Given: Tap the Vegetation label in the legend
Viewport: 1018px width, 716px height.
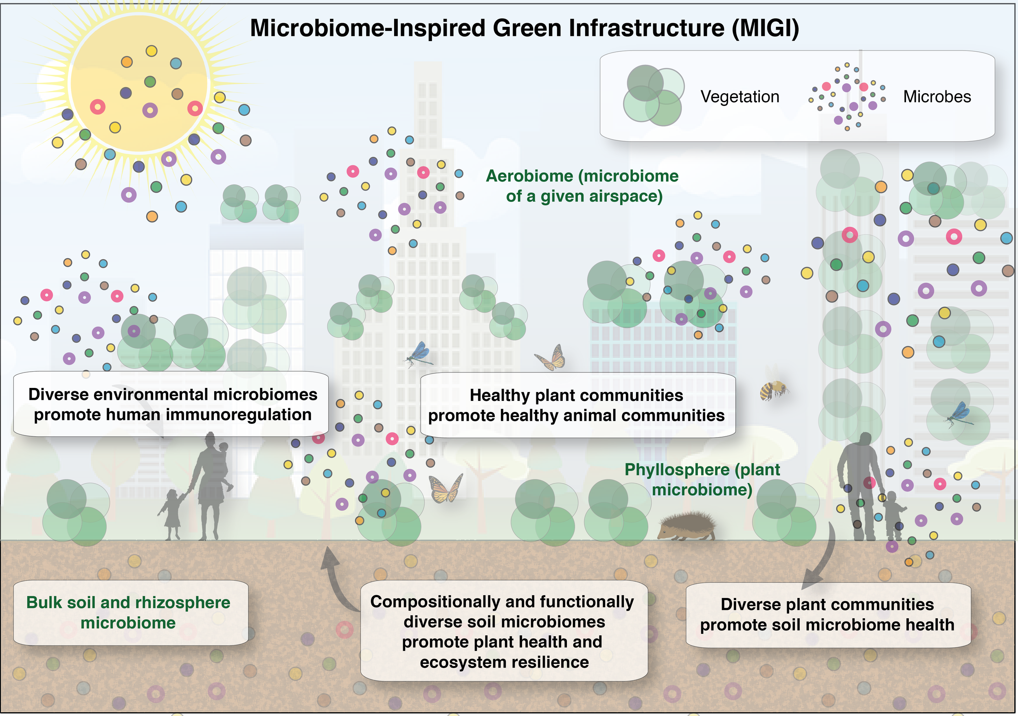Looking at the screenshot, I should point(739,96).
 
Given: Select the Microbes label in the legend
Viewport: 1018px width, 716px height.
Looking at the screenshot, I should point(937,96).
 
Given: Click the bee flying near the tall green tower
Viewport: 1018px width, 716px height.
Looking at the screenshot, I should point(773,389).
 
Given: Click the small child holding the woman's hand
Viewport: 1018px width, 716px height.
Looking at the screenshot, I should point(172,514).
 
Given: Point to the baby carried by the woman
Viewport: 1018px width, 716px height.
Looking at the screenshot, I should point(224,463).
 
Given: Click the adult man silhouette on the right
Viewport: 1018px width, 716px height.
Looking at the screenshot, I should point(860,483).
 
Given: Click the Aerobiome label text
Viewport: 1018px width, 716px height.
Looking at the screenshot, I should point(583,186).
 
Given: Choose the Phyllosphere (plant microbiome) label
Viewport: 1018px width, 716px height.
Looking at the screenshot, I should point(702,479).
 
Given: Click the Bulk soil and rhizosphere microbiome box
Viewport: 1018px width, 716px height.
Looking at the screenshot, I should point(130,612).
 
